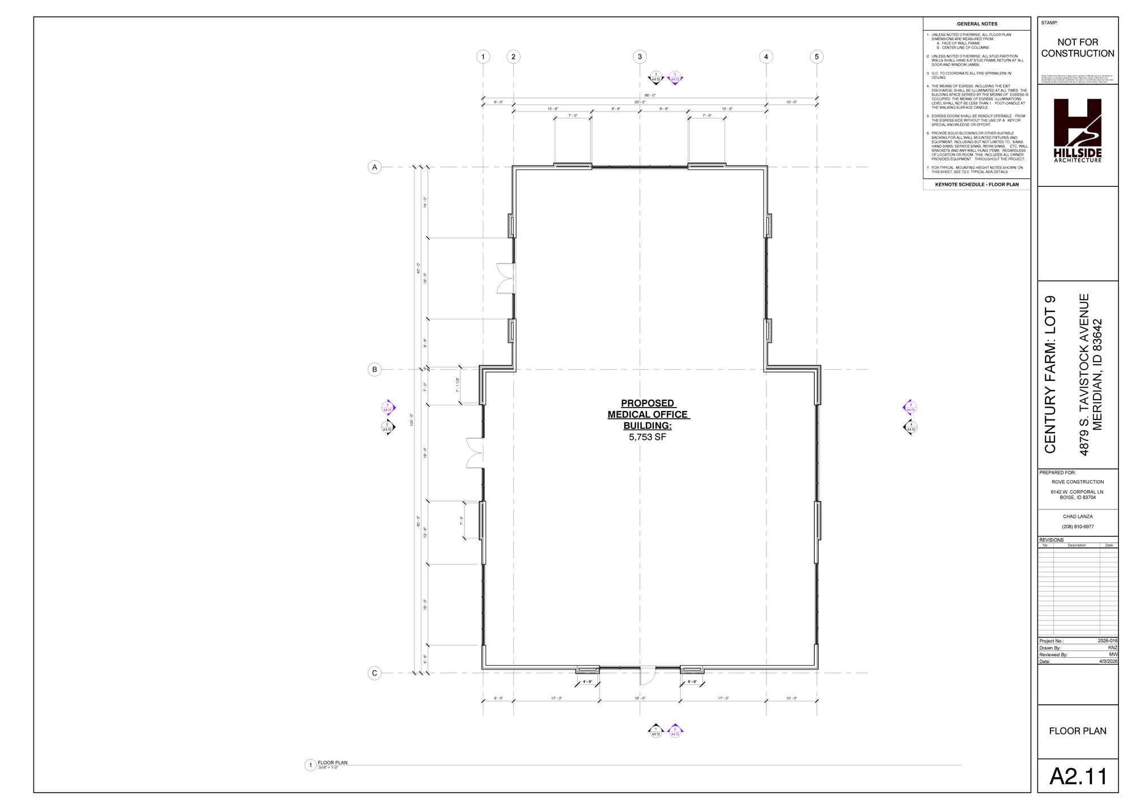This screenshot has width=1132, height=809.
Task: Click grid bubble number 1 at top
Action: pyautogui.click(x=483, y=57)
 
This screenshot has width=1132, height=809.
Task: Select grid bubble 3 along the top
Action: pyautogui.click(x=640, y=57)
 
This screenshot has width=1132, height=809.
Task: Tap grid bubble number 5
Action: pyautogui.click(x=816, y=57)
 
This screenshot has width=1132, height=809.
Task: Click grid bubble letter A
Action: pyautogui.click(x=374, y=167)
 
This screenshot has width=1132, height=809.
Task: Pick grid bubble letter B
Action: pyautogui.click(x=374, y=370)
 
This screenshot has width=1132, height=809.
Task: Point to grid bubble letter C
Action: pyautogui.click(x=374, y=673)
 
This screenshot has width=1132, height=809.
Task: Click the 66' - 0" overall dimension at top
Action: pyautogui.click(x=650, y=95)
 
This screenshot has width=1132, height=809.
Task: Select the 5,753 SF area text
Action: pyautogui.click(x=647, y=437)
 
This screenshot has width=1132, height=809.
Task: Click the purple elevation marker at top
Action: pyautogui.click(x=675, y=78)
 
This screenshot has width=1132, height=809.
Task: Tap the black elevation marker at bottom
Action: pyautogui.click(x=655, y=731)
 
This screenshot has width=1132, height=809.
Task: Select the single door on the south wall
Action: pyautogui.click(x=648, y=676)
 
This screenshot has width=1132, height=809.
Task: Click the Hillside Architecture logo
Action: pyautogui.click(x=1077, y=130)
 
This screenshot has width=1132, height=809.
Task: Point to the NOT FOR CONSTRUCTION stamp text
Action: pyautogui.click(x=1077, y=48)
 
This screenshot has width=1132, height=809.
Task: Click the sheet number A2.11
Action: pyautogui.click(x=1078, y=776)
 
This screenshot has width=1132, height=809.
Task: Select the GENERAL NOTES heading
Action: pyautogui.click(x=977, y=24)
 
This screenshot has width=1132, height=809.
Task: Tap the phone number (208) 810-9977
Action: pyautogui.click(x=1077, y=527)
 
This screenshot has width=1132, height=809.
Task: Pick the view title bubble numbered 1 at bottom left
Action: pyautogui.click(x=310, y=765)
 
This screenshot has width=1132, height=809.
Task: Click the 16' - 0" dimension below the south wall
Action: pyautogui.click(x=640, y=698)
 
